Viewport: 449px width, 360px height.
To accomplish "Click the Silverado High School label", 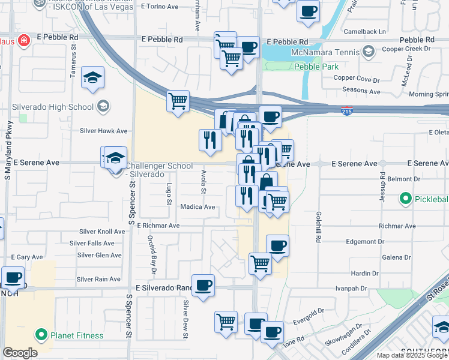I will point(53,107).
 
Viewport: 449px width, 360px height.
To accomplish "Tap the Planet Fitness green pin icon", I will point(41,335).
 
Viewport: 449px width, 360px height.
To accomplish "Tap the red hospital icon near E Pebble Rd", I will point(23,41).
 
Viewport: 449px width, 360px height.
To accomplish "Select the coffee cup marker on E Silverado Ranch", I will point(203,285).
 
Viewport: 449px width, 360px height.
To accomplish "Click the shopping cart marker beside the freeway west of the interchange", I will point(178,101).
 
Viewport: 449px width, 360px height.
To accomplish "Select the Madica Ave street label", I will point(197,207).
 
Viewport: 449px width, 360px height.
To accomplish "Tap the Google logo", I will point(20,353).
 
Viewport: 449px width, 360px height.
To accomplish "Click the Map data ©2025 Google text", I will point(412,355).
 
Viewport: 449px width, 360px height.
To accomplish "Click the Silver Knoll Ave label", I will point(102,232).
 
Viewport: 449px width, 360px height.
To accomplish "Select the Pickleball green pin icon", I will point(405,198).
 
